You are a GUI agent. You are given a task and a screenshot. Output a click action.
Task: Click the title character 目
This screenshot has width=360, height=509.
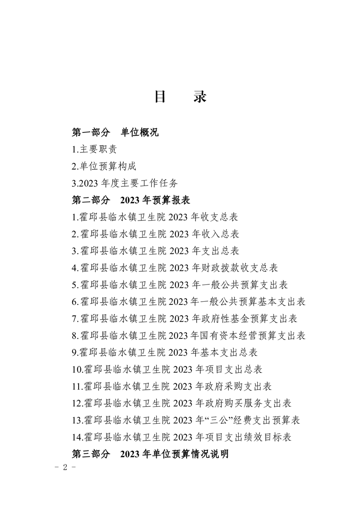click(x=161, y=97)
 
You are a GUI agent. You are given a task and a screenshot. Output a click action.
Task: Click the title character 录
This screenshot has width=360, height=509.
click(x=199, y=97)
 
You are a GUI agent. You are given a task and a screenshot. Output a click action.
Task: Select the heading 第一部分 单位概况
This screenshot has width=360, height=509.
click(x=115, y=133)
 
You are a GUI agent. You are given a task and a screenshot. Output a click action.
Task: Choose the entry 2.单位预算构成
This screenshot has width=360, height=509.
click(x=104, y=166)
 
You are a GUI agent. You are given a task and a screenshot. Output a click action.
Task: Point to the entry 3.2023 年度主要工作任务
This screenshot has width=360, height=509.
click(x=125, y=183)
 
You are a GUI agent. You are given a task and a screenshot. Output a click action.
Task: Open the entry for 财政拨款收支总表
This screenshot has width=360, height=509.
click(x=175, y=268)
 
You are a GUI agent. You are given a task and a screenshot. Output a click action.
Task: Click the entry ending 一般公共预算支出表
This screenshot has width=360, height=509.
click(x=180, y=285)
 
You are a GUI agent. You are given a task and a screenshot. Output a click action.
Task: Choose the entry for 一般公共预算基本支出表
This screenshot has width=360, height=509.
click(x=189, y=302)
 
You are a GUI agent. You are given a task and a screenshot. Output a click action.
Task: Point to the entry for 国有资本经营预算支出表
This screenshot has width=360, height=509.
click(x=189, y=336)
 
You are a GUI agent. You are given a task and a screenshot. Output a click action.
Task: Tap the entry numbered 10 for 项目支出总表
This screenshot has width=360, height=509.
click(x=167, y=370)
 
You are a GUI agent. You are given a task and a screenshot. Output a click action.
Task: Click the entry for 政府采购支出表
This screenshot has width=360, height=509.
click(x=172, y=387)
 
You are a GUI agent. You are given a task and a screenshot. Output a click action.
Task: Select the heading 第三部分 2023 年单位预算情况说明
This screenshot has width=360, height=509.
click(x=150, y=454)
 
